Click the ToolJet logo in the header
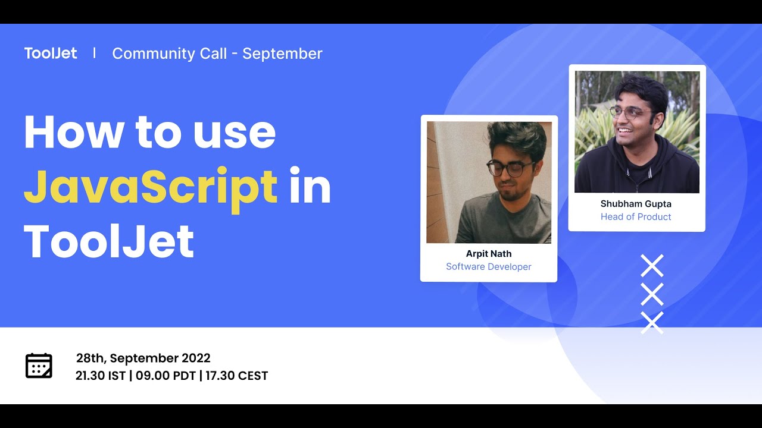(x=51, y=53)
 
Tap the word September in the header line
(x=282, y=53)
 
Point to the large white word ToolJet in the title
(x=109, y=241)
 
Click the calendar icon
(x=39, y=366)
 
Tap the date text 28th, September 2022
(x=143, y=358)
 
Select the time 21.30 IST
(x=100, y=376)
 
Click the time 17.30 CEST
(x=237, y=376)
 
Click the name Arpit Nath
(x=489, y=253)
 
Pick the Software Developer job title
(x=489, y=266)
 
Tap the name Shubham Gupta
(x=636, y=204)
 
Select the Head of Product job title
(x=636, y=216)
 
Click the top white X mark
(x=652, y=266)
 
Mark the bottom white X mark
(x=652, y=322)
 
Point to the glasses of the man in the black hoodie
(x=632, y=112)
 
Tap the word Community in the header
(x=169, y=53)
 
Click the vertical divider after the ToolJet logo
(x=95, y=53)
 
